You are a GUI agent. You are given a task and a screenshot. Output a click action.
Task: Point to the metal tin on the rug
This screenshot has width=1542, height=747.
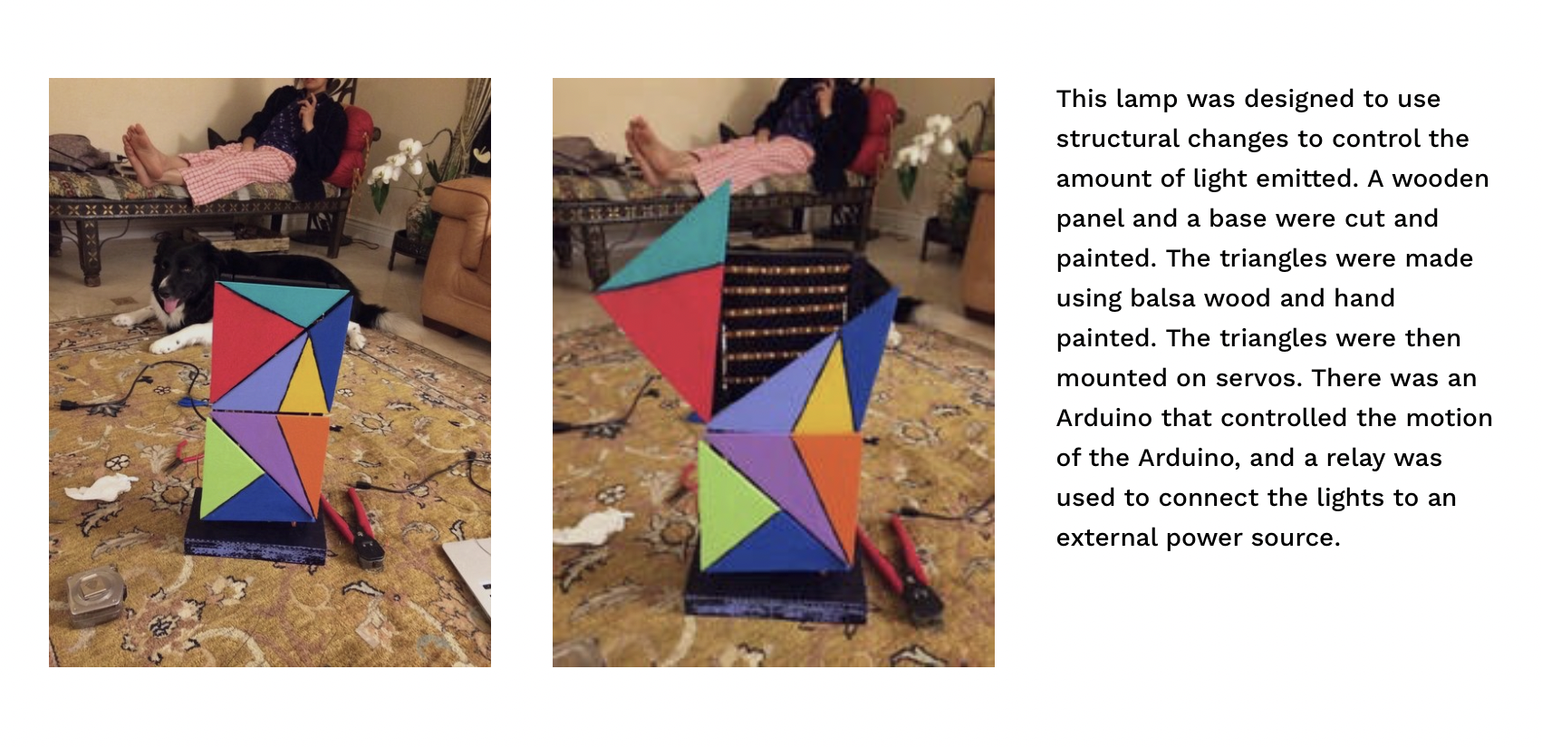click(95, 597)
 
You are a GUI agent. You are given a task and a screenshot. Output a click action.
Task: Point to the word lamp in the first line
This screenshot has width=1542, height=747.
click(1147, 99)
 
